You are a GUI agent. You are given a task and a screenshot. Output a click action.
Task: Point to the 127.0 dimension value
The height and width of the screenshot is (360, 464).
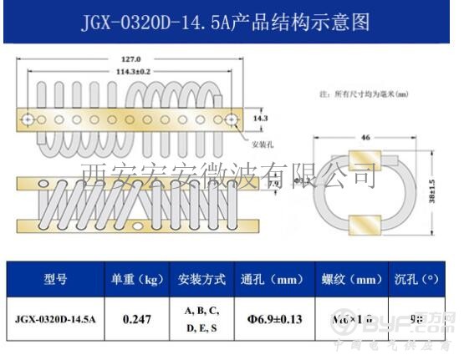[130, 60]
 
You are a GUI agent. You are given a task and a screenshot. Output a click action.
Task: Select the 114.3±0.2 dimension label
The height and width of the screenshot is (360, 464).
[130, 72]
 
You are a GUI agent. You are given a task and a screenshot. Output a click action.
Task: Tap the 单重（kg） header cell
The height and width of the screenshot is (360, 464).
[135, 279]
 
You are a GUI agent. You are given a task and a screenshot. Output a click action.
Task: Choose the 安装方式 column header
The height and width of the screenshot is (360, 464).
[201, 279]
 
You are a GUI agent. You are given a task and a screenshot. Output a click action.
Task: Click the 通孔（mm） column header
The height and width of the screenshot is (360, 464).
[272, 279]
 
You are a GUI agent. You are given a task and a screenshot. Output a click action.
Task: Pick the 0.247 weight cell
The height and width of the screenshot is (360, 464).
[135, 318]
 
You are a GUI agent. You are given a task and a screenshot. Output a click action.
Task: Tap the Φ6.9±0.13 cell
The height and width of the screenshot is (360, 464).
[272, 318]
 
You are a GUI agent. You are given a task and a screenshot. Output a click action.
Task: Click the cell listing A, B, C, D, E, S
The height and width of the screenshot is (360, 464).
[201, 318]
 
